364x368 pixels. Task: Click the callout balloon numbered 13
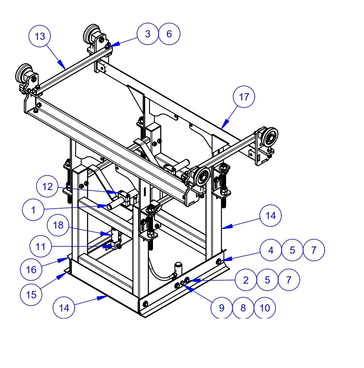tap(40, 36)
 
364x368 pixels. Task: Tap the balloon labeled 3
tap(148, 34)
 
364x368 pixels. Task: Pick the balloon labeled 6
tap(169, 34)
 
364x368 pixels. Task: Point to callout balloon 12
tap(47, 186)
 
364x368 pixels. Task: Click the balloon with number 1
tap(33, 209)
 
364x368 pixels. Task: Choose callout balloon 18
tap(58, 225)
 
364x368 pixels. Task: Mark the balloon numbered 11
tap(41, 247)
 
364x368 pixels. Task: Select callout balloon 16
tap(31, 270)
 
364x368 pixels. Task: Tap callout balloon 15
tap(31, 294)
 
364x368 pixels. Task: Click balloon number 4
tap(271, 250)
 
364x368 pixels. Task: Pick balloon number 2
tap(246, 280)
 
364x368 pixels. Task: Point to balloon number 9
tap(222, 307)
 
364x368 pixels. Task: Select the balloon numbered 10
tap(265, 307)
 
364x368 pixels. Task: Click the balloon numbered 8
tap(243, 307)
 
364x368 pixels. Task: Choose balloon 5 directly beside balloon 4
tap(292, 250)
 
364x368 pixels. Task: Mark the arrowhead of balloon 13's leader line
tap(64, 68)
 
